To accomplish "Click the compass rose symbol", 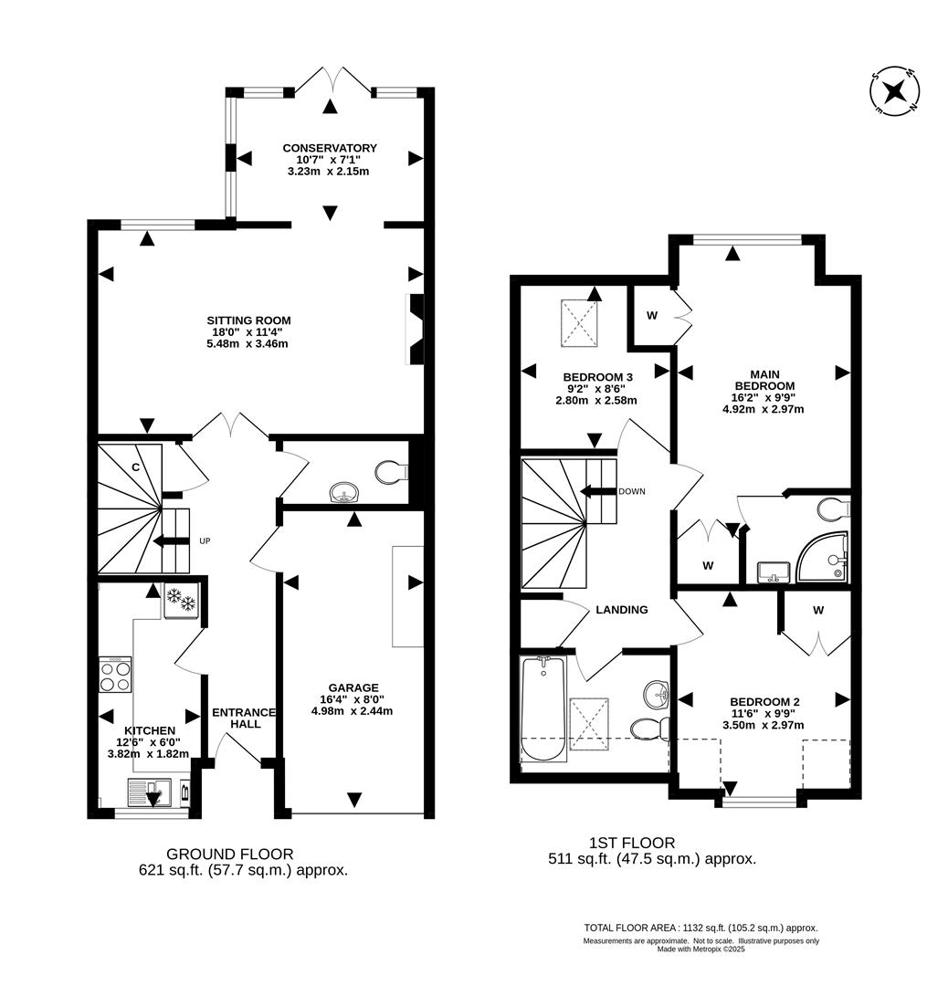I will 894,91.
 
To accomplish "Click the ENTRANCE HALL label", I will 244,718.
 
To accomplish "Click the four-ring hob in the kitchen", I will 115,676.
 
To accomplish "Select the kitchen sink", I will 148,792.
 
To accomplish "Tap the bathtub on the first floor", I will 542,708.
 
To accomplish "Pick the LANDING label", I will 622,610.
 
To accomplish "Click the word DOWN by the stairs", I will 631,491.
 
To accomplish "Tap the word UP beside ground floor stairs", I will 205,541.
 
